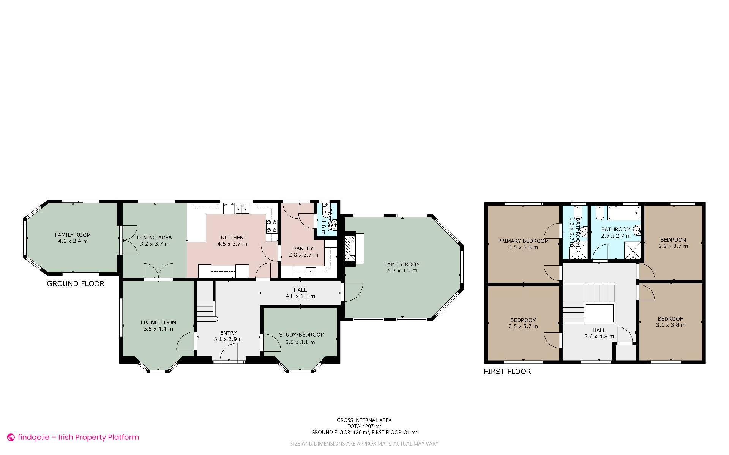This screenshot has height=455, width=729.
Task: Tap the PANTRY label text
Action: pos(303,249)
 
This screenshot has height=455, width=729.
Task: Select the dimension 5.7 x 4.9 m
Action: pos(402,271)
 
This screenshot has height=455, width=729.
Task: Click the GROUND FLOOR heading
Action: pos(76,283)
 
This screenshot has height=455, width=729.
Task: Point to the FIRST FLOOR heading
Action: pos(507,372)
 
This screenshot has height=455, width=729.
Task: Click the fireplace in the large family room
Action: pos(349,248)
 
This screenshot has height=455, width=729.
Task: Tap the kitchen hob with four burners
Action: pos(271,227)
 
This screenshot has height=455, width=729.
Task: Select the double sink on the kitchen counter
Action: pos(242,208)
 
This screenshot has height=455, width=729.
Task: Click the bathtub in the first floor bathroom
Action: pos(624,213)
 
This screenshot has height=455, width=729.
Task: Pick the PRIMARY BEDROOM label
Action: pos(523,241)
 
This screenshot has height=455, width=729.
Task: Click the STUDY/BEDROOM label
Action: pos(301,335)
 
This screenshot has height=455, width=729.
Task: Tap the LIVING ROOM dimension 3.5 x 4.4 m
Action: pos(158,329)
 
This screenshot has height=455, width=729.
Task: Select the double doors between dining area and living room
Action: pos(158,272)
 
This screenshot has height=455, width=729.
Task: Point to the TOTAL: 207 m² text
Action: pos(364,426)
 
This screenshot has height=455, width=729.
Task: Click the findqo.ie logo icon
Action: pos(11,438)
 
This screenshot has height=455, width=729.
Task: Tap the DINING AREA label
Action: pos(154,238)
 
